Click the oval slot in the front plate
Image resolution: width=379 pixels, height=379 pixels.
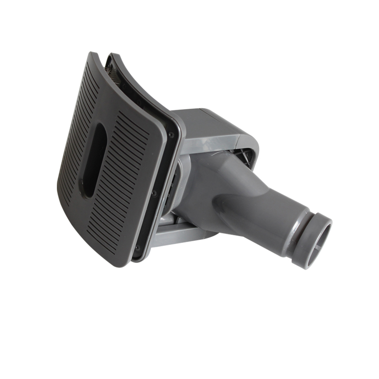(94, 160)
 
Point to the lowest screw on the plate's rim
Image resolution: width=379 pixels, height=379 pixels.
(137, 246)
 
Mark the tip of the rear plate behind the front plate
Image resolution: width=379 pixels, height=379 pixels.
(111, 57)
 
